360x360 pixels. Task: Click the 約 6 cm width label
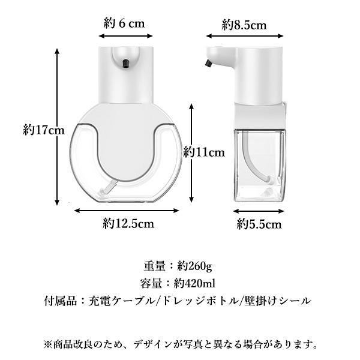coord(124,23)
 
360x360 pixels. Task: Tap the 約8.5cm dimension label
coord(244,25)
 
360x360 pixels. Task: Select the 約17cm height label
coord(44,130)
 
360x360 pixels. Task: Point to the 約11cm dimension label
coord(204,152)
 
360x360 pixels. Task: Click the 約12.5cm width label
coord(128,223)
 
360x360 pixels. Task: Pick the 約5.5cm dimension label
coord(259,224)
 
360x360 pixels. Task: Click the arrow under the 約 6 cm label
coord(125,36)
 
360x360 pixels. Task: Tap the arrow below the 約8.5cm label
coord(245,36)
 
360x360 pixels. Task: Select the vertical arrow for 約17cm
coord(57,127)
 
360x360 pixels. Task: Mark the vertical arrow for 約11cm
coord(191,153)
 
